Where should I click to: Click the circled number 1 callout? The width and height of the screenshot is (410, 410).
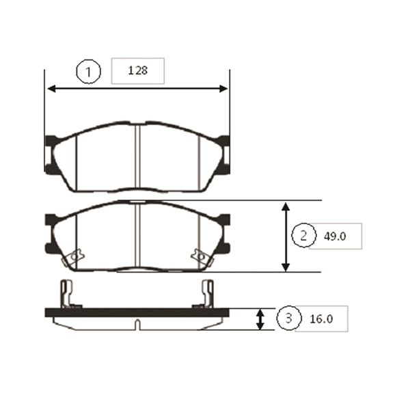(x=88, y=72)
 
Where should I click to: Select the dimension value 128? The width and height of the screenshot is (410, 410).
(x=137, y=70)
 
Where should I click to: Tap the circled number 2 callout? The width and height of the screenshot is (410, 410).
(x=303, y=235)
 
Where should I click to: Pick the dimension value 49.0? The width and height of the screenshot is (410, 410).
(x=335, y=236)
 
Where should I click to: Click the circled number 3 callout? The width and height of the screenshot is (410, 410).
(x=289, y=318)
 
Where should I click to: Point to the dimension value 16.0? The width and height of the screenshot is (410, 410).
(x=321, y=319)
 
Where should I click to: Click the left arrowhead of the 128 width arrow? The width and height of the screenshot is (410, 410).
(x=51, y=89)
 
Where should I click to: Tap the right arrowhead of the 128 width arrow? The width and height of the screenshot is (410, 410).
(x=223, y=89)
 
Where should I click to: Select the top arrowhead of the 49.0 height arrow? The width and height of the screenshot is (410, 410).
(x=286, y=206)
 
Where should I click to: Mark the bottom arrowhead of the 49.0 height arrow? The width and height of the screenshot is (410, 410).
(x=286, y=267)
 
